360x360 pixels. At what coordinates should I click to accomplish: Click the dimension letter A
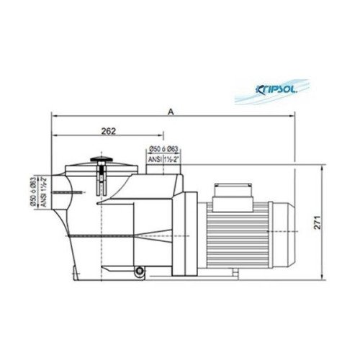point(171,110)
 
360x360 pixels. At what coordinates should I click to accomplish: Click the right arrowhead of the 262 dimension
point(162,136)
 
